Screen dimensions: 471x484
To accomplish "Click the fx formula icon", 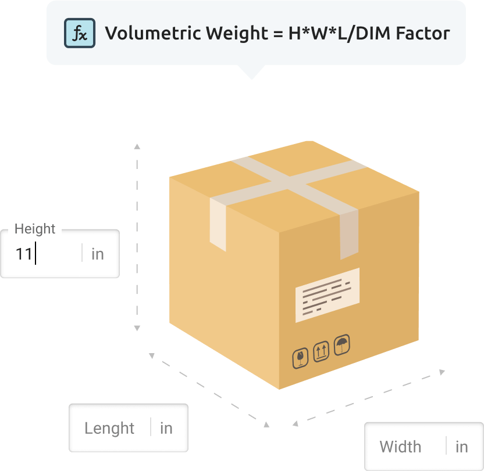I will tap(79, 33).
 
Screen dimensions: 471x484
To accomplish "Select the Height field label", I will tap(35, 229).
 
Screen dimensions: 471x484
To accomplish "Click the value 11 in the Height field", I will tap(24, 254).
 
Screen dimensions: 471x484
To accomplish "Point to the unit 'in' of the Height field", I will tap(98, 254).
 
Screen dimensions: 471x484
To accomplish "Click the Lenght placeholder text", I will tap(109, 428).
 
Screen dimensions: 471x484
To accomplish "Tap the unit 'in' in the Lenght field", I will tap(166, 428).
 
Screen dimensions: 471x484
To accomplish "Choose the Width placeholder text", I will tap(400, 447).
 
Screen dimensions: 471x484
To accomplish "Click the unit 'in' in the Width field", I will tap(462, 447).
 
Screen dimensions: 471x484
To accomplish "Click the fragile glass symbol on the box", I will tap(300, 358).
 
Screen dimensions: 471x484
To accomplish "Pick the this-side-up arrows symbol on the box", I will tap(321, 351).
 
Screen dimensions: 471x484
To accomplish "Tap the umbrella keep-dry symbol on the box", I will tap(341, 346).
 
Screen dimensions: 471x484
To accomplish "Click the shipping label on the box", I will tap(327, 294).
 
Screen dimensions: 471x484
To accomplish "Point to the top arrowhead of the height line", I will tap(137, 146).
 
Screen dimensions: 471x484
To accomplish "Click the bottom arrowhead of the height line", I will tap(137, 328).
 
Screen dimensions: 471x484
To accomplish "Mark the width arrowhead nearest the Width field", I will tap(442, 372).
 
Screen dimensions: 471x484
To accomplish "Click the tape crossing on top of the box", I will tap(289, 182).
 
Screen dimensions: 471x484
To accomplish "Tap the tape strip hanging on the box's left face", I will tap(218, 223).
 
